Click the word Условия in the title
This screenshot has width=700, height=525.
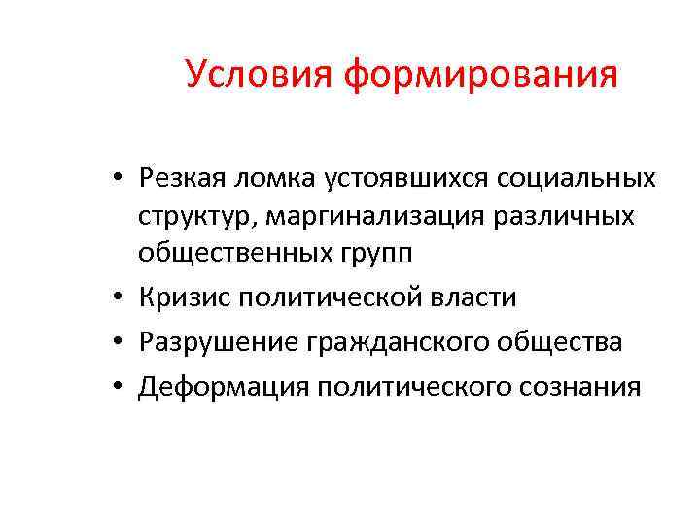(260, 74)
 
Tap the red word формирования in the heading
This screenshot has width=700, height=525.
(481, 74)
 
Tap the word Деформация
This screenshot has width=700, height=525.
(217, 386)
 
